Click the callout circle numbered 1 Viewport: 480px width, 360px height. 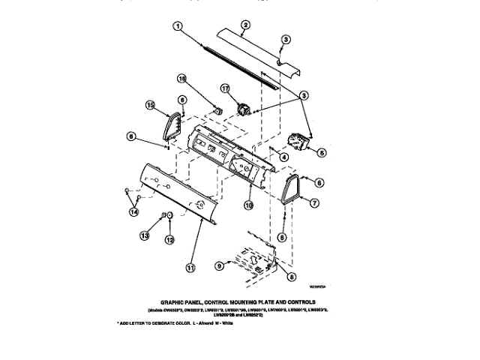(178, 26)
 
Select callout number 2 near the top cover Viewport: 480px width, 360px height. (245, 25)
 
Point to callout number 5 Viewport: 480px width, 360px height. (322, 151)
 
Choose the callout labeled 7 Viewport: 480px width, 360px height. (314, 202)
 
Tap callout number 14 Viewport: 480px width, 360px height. (134, 211)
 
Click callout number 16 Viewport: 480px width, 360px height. (181, 78)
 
